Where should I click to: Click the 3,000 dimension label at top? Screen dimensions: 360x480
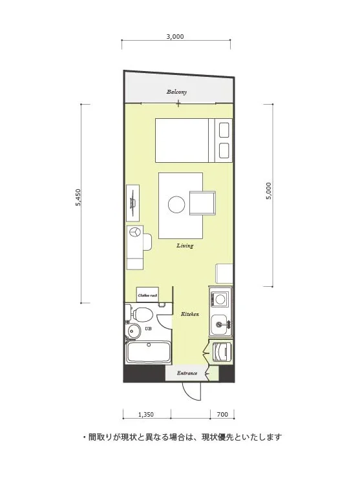175,36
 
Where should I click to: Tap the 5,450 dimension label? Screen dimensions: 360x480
78,197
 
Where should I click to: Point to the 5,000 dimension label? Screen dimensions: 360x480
268,191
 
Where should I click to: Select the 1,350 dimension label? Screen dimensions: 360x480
146,415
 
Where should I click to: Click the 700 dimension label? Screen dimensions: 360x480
222,415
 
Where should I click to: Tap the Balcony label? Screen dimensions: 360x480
177,92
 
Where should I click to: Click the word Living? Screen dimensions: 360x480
185,245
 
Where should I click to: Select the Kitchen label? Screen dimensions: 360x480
189,314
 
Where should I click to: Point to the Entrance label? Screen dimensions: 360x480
187,373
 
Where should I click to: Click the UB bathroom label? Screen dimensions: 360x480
148,328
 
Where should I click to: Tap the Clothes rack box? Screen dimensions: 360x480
147,295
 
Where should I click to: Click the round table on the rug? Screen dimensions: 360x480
176,205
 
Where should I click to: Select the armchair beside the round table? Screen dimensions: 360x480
202,203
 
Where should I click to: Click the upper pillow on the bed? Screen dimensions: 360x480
224,130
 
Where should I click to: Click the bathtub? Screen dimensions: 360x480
149,352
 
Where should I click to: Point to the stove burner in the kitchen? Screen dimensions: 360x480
220,299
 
